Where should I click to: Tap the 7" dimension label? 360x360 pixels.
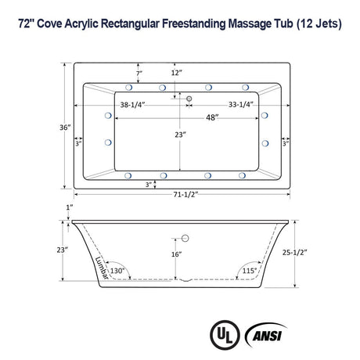point(139,73)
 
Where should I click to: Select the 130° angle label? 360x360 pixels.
point(118,271)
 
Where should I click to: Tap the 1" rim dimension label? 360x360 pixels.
point(69,207)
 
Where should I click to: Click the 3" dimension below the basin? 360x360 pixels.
point(148,184)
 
